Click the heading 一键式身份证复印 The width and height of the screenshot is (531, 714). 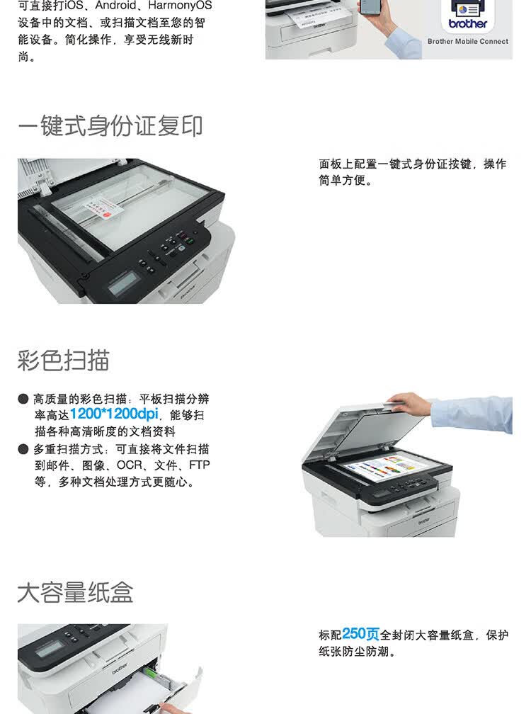pyautogui.click(x=110, y=126)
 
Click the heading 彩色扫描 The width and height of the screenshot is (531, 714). pyautogui.click(x=64, y=360)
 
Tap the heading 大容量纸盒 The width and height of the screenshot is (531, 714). pyautogui.click(x=75, y=592)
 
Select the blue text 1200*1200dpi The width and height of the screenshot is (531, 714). pyautogui.click(x=113, y=414)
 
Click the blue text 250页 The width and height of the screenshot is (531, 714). pyautogui.click(x=360, y=634)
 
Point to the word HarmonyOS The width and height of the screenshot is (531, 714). pyautogui.click(x=180, y=6)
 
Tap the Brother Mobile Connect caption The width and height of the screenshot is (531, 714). pyautogui.click(x=467, y=42)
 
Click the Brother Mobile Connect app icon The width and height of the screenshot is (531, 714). pyautogui.click(x=468, y=14)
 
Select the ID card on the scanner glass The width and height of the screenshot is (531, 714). pyautogui.click(x=99, y=208)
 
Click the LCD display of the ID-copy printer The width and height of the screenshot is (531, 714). pyautogui.click(x=122, y=284)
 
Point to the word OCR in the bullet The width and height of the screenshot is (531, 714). pyautogui.click(x=130, y=465)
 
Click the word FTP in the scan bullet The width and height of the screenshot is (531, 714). pyautogui.click(x=199, y=465)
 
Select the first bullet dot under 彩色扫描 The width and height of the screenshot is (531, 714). pyautogui.click(x=23, y=399)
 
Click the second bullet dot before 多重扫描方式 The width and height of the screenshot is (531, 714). pyautogui.click(x=23, y=449)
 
